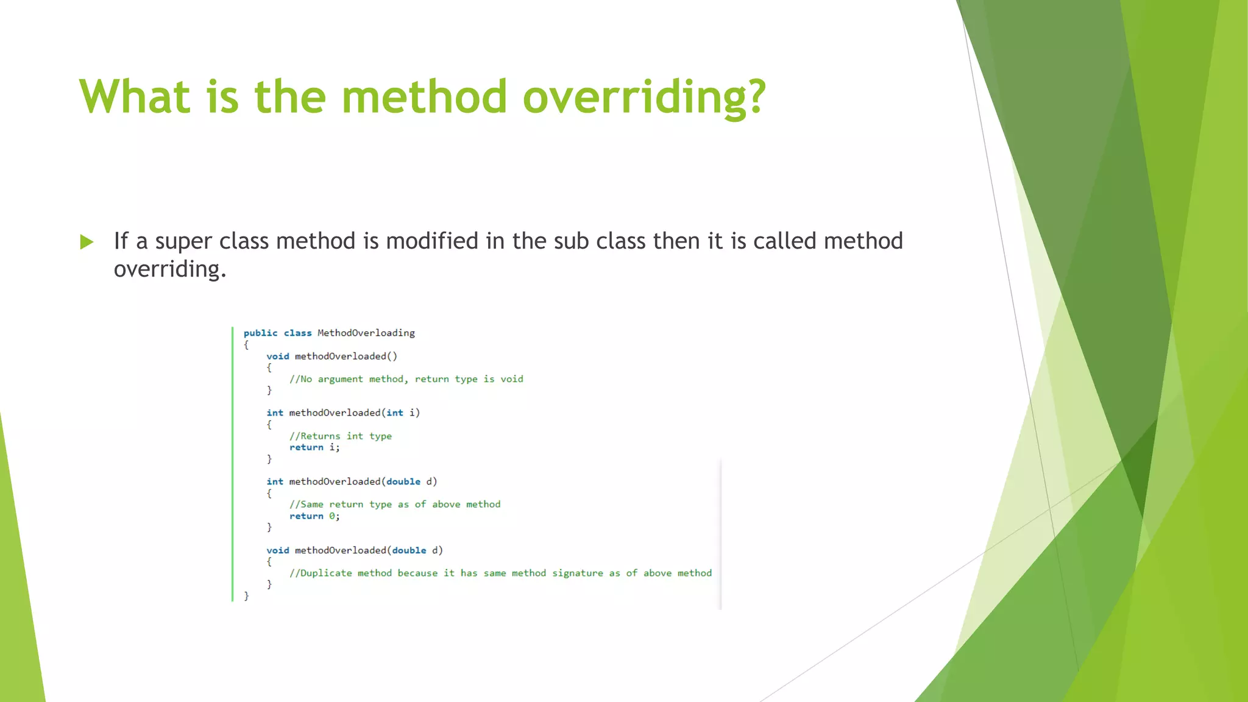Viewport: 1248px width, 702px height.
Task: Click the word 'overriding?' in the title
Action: [x=643, y=97]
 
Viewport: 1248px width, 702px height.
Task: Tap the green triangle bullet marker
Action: [x=87, y=242]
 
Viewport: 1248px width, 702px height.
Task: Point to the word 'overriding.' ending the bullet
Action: [x=170, y=269]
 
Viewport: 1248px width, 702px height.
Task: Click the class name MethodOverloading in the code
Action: [x=366, y=333]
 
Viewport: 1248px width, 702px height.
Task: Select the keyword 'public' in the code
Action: [x=260, y=333]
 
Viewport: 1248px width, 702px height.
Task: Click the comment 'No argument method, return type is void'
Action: [x=406, y=379]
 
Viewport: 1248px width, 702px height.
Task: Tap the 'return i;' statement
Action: [x=314, y=447]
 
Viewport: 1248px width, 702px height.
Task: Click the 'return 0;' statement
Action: [x=314, y=516]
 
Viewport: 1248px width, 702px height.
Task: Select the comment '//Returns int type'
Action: [x=341, y=436]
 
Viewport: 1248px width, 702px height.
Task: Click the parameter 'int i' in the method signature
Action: [x=403, y=413]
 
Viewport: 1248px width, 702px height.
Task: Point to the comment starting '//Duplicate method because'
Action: [x=500, y=573]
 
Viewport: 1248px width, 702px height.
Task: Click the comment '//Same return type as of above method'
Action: [x=395, y=505]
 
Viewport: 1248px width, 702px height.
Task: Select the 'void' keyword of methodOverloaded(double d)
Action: [x=277, y=550]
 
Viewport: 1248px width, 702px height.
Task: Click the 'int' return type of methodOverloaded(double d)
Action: [x=274, y=481]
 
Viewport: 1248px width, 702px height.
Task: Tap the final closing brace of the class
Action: [x=246, y=596]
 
